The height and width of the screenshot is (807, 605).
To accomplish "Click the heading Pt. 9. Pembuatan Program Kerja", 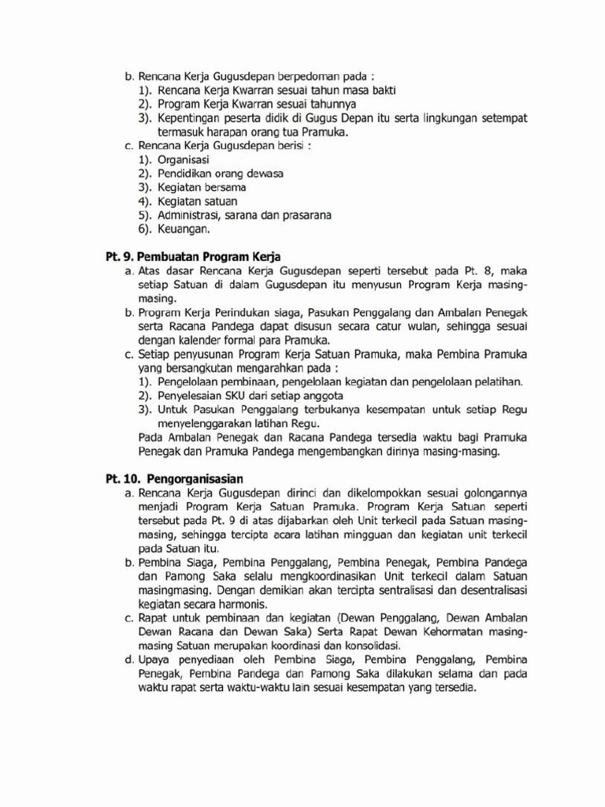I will pos(193,257).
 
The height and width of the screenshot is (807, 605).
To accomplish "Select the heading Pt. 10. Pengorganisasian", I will pos(174,478).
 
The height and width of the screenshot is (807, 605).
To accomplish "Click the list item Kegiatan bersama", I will pos(202,187).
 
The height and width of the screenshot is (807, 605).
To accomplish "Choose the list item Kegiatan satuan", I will pos(197,201).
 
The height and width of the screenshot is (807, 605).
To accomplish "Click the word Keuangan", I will pos(184,229).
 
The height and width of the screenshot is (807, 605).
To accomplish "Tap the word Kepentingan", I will pos(194,117).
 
